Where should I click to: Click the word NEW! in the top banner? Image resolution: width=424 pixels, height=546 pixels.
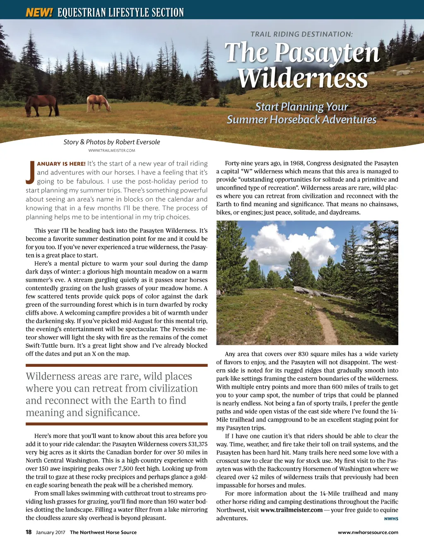pyautogui.click(x=39, y=12)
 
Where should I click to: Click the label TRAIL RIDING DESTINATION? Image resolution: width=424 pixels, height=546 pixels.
pyautogui.click(x=301, y=34)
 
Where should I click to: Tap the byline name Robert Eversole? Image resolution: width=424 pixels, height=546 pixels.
pyautogui.click(x=137, y=142)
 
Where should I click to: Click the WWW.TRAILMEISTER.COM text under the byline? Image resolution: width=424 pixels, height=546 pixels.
pyautogui.click(x=111, y=150)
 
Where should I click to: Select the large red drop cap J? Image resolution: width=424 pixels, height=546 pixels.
pyautogui.click(x=30, y=172)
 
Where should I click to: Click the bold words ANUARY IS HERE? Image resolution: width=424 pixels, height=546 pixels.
pyautogui.click(x=61, y=164)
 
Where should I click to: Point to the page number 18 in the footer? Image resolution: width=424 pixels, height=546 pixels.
pyautogui.click(x=29, y=532)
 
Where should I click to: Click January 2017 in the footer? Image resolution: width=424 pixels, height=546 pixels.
pyautogui.click(x=51, y=532)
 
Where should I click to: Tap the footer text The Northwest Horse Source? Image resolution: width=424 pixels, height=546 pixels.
pyautogui.click(x=103, y=532)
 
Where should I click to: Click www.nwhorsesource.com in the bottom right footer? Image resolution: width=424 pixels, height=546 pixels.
pyautogui.click(x=368, y=532)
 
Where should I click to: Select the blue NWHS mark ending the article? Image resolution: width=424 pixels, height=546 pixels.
pyautogui.click(x=391, y=519)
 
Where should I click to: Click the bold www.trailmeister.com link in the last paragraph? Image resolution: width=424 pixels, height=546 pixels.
pyautogui.click(x=291, y=510)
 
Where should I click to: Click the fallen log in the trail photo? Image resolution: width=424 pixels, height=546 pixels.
pyautogui.click(x=315, y=292)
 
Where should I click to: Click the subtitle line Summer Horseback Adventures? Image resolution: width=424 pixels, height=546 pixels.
pyautogui.click(x=301, y=120)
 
